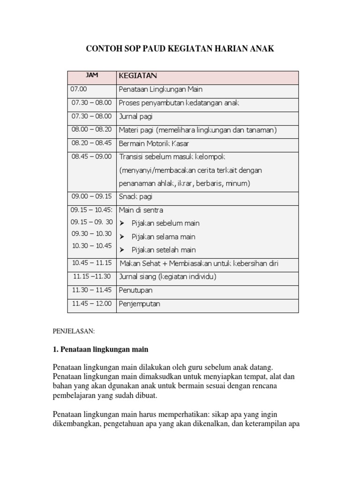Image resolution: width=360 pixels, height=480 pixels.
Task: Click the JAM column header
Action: [x=92, y=75]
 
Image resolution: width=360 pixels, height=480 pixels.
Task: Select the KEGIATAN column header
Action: [x=138, y=75]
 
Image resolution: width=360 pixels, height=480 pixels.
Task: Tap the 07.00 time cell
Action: [x=79, y=89]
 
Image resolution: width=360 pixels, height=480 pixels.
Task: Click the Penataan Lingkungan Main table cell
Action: [x=160, y=89]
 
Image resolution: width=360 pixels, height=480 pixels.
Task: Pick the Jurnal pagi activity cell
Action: [x=136, y=116]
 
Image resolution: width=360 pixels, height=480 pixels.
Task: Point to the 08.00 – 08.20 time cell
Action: [x=92, y=130]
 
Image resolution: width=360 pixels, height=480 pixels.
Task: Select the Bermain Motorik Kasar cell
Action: [x=154, y=143]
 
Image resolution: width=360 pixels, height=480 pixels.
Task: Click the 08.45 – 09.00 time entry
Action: [x=92, y=157]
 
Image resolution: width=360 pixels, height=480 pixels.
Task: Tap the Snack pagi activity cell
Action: [x=136, y=197]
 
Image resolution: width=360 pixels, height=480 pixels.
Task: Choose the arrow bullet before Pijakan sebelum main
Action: [x=123, y=223]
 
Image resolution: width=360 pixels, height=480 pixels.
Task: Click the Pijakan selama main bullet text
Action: [x=164, y=237]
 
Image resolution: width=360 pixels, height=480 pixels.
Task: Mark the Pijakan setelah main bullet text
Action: [x=164, y=250]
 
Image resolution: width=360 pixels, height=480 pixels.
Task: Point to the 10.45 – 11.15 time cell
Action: [x=92, y=263]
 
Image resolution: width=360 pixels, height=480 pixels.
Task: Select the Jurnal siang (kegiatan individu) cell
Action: [x=168, y=277]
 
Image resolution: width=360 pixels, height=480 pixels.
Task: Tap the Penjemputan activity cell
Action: [x=140, y=304]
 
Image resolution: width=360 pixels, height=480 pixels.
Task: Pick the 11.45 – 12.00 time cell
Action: [x=92, y=304]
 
